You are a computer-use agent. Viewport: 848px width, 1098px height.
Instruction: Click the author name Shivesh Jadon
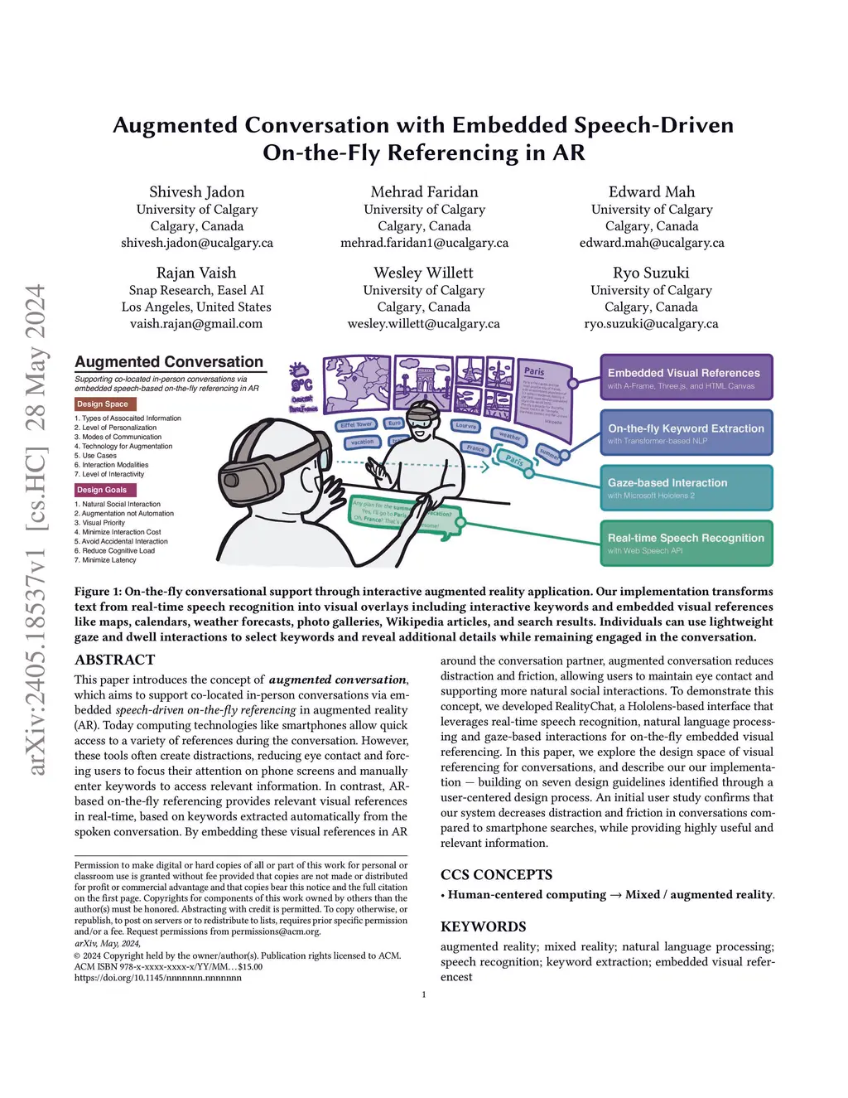pos(196,192)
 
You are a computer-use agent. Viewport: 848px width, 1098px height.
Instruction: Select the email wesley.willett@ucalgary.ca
pos(423,324)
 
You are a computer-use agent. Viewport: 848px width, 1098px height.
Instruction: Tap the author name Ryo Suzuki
pos(651,273)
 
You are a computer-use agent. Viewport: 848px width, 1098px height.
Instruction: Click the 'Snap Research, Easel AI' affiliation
pos(196,290)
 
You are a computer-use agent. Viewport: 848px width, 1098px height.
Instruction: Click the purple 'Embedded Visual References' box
pos(686,378)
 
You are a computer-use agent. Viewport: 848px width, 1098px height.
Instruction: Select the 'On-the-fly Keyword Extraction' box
pos(686,433)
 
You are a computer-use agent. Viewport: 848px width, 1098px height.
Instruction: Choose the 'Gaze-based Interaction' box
pos(686,487)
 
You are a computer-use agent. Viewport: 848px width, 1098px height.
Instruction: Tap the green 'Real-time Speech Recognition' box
pos(686,543)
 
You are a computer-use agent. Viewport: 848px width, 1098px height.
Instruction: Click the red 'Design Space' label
pos(103,404)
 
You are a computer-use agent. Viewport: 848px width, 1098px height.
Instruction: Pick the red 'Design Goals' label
pos(102,490)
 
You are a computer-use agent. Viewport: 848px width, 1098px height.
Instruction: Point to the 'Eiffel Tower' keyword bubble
pos(356,425)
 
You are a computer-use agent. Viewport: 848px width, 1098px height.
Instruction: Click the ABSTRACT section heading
pos(114,660)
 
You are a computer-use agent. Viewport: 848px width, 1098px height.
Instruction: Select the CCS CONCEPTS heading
pos(496,874)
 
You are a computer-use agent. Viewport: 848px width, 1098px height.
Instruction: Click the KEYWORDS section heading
pos(483,926)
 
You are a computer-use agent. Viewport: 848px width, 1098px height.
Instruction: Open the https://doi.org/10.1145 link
pos(157,978)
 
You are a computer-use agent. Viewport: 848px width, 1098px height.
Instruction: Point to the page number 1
pos(424,994)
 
